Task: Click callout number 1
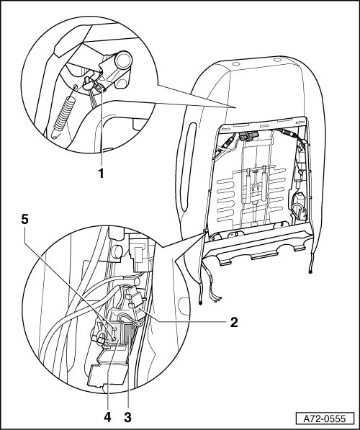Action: tap(102, 174)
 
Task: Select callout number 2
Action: tap(234, 323)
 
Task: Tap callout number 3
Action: tap(127, 418)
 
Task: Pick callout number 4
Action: tap(107, 418)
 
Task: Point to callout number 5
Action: tap(25, 220)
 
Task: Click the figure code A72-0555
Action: tap(325, 418)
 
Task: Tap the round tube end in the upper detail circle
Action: tap(123, 61)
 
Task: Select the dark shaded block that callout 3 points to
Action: tap(128, 333)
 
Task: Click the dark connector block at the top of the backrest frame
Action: tap(249, 137)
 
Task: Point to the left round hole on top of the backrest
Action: tap(235, 64)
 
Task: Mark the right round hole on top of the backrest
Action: tap(277, 60)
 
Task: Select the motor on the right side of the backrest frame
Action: tap(299, 206)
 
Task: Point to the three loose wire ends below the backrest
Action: tap(217, 298)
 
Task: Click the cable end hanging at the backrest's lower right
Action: tap(310, 272)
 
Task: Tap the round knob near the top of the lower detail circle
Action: tap(117, 251)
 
